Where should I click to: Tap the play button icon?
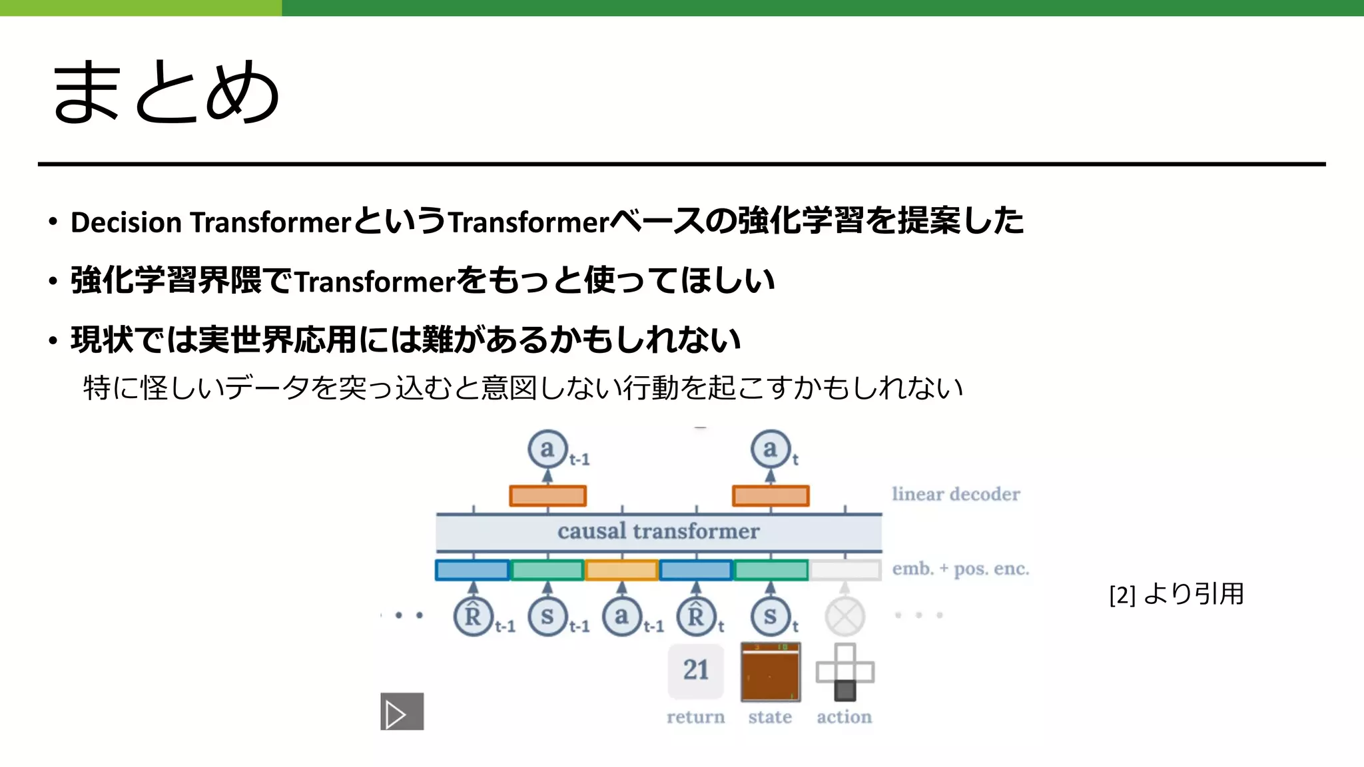click(x=402, y=712)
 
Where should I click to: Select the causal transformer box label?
click(x=658, y=531)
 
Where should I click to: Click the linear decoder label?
click(x=955, y=494)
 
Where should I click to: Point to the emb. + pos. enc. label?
click(x=960, y=569)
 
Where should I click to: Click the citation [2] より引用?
click(x=1176, y=594)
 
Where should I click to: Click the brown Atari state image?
click(x=771, y=672)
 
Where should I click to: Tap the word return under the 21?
click(x=695, y=717)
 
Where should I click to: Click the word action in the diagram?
click(x=844, y=717)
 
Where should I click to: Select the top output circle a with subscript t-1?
click(x=547, y=449)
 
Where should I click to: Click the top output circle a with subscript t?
click(x=770, y=449)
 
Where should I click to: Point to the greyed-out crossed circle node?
click(x=845, y=617)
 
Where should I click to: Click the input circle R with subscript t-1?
click(x=473, y=617)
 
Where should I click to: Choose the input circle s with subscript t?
click(x=770, y=617)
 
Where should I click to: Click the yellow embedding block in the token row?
click(x=621, y=571)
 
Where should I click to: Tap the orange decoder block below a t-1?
click(x=547, y=496)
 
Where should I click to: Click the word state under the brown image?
click(x=770, y=717)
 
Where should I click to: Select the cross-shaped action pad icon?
click(x=845, y=671)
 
